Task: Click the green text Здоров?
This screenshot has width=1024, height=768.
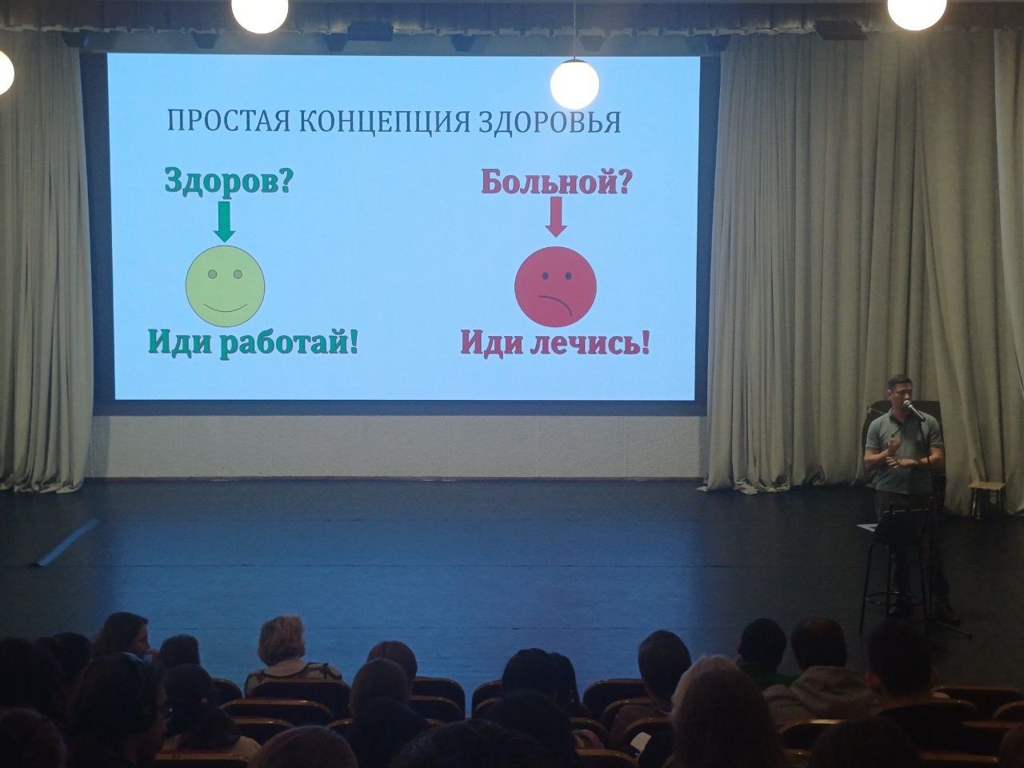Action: (x=228, y=182)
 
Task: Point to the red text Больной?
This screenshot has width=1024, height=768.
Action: (x=555, y=182)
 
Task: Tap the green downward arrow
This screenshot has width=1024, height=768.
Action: (x=225, y=221)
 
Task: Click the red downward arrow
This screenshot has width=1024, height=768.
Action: (x=555, y=218)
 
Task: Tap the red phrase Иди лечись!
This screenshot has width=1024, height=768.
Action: (x=554, y=344)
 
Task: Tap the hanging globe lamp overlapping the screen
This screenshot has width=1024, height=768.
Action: (x=574, y=83)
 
